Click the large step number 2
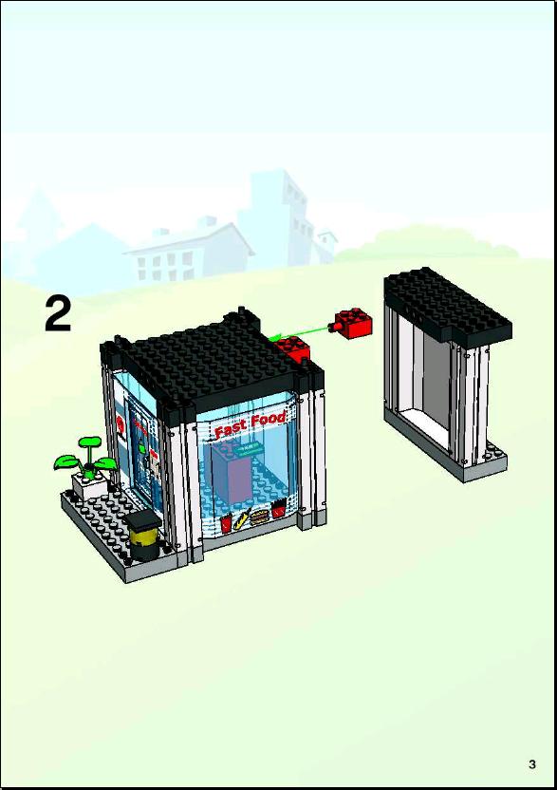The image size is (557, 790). (x=59, y=313)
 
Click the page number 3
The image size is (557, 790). (x=532, y=763)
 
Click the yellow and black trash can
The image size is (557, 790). (x=143, y=536)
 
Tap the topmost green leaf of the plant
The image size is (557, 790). (x=89, y=442)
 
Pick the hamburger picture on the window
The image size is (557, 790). (x=259, y=517)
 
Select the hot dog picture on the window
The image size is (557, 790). (x=243, y=519)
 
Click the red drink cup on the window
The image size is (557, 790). (x=227, y=523)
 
